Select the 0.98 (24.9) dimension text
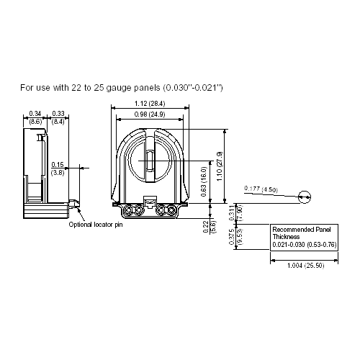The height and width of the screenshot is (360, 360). pos(150,114)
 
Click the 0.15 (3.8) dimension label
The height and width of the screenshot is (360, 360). pos(58,168)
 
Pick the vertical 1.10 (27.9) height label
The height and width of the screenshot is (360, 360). pos(220,166)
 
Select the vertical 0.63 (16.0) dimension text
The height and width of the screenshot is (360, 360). pos(204,183)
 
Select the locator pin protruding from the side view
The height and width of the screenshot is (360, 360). pos(74,205)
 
